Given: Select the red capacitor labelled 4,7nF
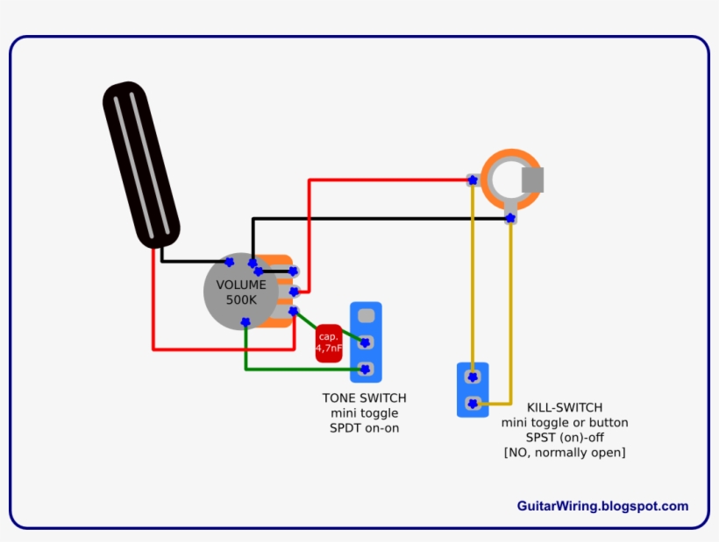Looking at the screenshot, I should [x=329, y=342].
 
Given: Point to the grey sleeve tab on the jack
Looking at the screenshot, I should [x=533, y=180].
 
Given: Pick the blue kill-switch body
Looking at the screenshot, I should [x=473, y=390].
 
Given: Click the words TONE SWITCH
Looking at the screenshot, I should [x=364, y=398].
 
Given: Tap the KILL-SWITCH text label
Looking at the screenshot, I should [x=565, y=407].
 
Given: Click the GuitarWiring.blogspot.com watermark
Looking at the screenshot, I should [x=602, y=506].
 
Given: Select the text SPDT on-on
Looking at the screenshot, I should [x=364, y=428].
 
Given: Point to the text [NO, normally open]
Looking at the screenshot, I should [x=565, y=453].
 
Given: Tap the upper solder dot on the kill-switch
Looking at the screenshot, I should [x=473, y=377].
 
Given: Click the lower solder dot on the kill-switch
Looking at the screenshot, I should [x=473, y=404].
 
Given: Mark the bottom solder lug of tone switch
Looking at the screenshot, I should [x=366, y=368].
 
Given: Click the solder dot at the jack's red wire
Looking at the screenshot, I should [x=472, y=180].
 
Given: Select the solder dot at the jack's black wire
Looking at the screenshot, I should [x=510, y=217].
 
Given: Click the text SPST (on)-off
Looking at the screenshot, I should [x=565, y=437].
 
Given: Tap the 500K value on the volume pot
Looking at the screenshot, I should [x=241, y=300].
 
